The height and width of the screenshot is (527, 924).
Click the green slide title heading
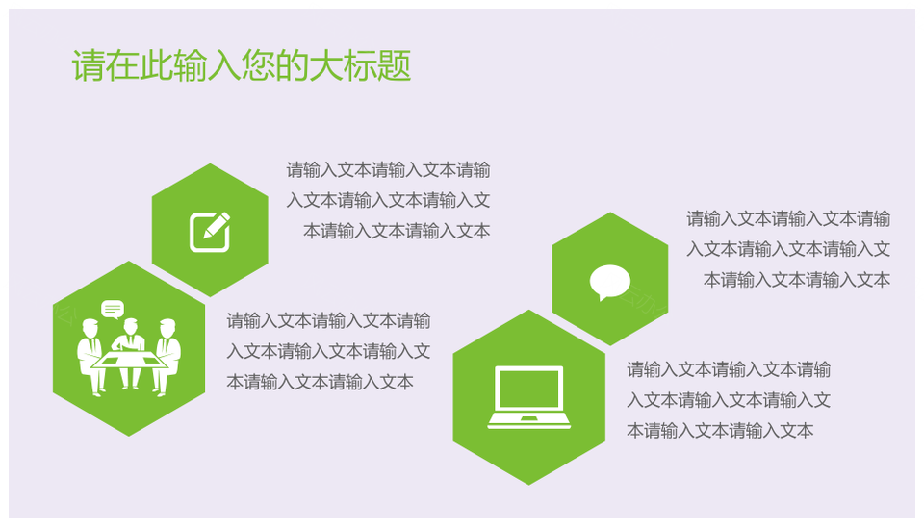241,64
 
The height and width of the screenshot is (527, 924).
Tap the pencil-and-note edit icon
210,232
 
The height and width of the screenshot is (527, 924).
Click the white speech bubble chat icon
610,283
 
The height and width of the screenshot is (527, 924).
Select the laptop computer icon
529,397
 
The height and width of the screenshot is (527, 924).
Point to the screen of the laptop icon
529,389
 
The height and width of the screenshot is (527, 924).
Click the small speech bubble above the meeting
113,309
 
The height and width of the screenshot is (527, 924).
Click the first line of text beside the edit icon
388,170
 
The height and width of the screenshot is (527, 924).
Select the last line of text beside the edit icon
397,231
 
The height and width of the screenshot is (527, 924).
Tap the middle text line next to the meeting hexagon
329,352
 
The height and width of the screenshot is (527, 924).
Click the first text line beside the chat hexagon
788,219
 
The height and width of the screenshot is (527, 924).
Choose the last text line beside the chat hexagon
797,280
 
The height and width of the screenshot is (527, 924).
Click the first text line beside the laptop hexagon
729,370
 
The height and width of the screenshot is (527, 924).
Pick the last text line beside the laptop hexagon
720,431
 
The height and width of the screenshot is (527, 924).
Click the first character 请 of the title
89,64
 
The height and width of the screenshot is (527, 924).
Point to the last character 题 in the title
394,64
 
